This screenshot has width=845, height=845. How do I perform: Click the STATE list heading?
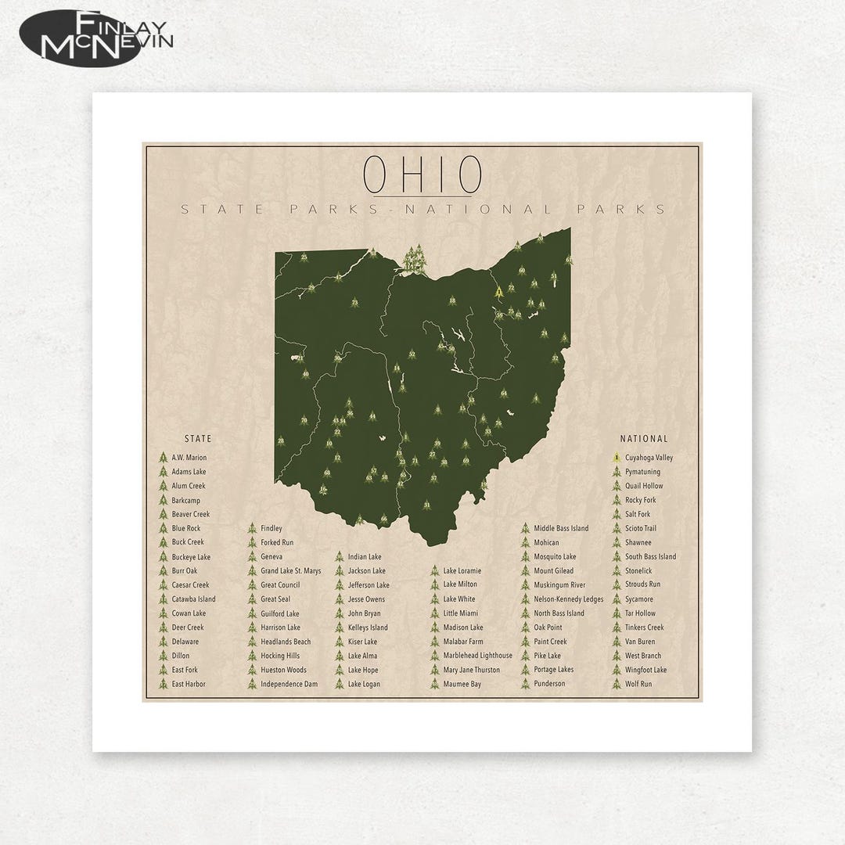coord(198,439)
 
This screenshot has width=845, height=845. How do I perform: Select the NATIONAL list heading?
coord(644,439)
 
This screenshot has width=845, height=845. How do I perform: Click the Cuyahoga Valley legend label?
coord(649,458)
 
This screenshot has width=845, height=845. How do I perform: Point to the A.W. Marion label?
coord(189,458)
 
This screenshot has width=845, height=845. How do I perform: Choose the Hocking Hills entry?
coord(280,656)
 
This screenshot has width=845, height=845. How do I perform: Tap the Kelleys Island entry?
coord(368,627)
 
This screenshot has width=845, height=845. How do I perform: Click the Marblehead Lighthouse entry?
coord(477,656)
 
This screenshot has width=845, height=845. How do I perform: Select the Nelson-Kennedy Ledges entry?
coord(568,599)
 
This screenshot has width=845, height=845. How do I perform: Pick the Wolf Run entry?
coord(638,684)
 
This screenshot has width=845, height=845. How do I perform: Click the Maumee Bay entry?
coord(462,684)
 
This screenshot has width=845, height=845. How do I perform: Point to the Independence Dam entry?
coord(289,684)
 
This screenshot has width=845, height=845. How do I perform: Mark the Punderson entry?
coord(550,684)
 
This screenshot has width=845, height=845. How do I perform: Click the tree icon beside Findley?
coord(252,529)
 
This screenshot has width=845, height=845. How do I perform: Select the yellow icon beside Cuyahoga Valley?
coord(617,458)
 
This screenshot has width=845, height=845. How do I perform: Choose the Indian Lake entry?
coord(365,557)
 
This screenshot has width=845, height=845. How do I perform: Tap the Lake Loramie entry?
coord(462,571)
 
